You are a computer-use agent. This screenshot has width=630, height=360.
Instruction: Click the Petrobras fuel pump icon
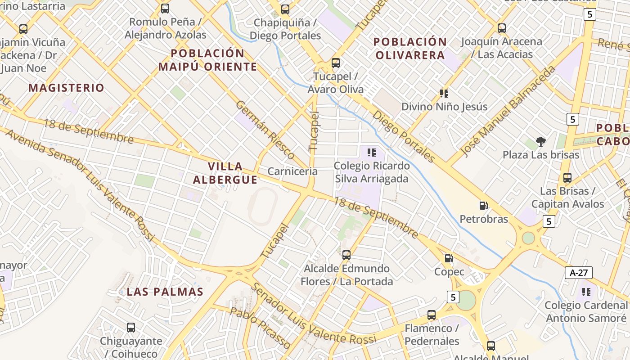tap(484, 206)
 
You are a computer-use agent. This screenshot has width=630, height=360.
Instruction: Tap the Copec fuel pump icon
tap(449, 258)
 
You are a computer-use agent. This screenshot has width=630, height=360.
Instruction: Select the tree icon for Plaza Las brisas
tap(540, 142)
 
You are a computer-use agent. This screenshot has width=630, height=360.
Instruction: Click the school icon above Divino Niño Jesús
tap(444, 94)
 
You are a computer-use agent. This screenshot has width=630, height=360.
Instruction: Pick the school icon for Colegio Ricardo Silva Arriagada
tap(371, 153)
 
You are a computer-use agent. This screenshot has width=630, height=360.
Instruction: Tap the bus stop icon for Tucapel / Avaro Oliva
tap(335, 63)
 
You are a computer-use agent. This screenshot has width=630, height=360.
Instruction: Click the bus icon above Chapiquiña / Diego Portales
tap(285, 9)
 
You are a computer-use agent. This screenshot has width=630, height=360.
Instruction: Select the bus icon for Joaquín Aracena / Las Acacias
tap(501, 28)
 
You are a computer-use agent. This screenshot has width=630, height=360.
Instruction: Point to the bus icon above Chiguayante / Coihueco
tap(131, 328)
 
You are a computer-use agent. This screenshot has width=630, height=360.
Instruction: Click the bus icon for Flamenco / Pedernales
tap(432, 315)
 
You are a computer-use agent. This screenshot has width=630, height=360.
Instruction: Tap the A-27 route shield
tap(578, 272)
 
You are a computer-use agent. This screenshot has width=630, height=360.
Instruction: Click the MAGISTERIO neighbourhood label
tap(66, 88)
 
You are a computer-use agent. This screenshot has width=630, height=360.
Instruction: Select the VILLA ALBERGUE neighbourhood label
tap(225, 173)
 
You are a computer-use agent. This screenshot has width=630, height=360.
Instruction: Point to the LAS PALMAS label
tap(165, 292)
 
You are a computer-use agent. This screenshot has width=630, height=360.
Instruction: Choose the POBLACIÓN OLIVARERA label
tap(410, 49)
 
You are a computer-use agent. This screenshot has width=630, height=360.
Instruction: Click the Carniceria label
tap(292, 171)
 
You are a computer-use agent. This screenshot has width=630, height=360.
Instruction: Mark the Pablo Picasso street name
tap(260, 328)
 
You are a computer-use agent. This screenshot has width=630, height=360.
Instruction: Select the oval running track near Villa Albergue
tap(263, 207)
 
